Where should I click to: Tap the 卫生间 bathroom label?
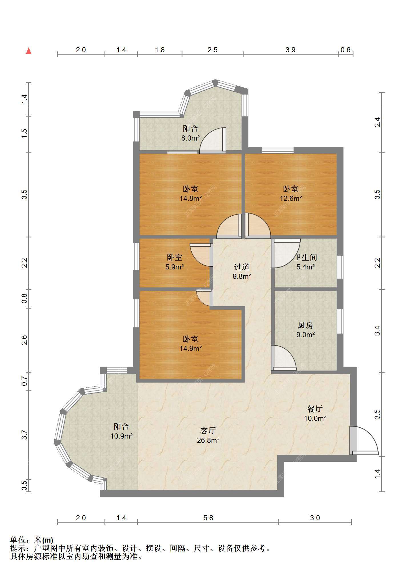pyautogui.click(x=306, y=257)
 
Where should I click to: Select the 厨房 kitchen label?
pyautogui.click(x=306, y=325)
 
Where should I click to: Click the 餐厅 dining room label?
pyautogui.click(x=315, y=409)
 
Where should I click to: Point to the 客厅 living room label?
pyautogui.click(x=208, y=431)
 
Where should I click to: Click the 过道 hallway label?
pyautogui.click(x=242, y=267)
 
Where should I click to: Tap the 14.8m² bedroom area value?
pyautogui.click(x=191, y=198)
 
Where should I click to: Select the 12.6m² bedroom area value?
pyautogui.click(x=291, y=198)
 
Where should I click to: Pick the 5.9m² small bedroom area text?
pyautogui.click(x=174, y=267)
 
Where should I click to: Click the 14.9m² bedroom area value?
pyautogui.click(x=191, y=348)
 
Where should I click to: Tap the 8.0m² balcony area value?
pyautogui.click(x=190, y=138)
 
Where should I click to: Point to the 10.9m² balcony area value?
pyautogui.click(x=121, y=436)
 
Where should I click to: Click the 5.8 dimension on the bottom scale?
pyautogui.click(x=208, y=518)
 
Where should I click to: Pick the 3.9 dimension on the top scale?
pyautogui.click(x=290, y=50)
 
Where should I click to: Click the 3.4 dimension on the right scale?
pyautogui.click(x=377, y=331)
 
